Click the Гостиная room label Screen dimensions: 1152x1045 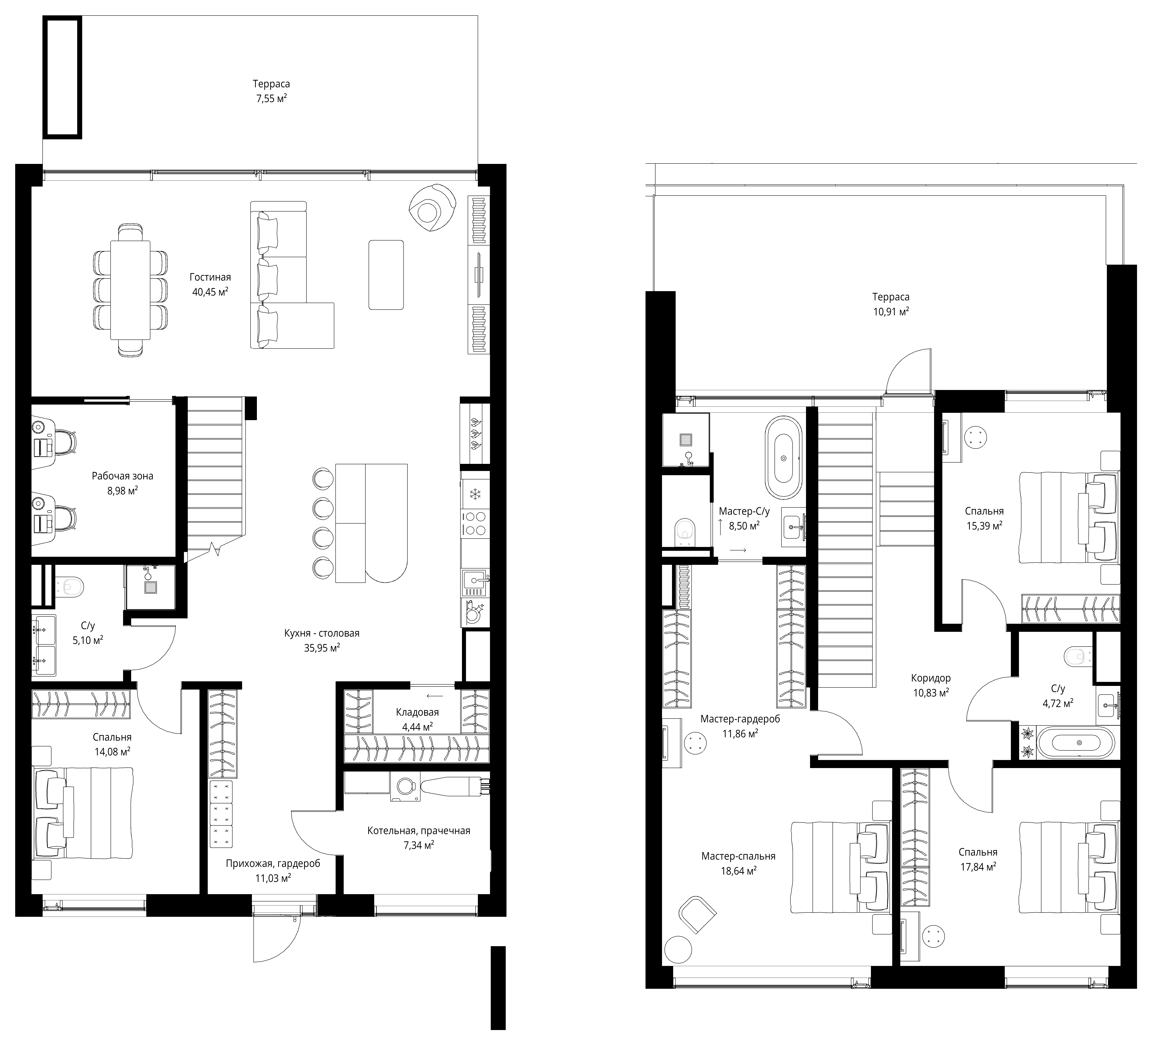(210, 278)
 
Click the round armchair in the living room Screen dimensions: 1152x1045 (432, 208)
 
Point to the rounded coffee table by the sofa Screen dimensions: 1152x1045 (386, 275)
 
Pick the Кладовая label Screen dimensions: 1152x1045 (417, 712)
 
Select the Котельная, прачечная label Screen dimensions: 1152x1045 (419, 830)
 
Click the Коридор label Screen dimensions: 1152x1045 (931, 678)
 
